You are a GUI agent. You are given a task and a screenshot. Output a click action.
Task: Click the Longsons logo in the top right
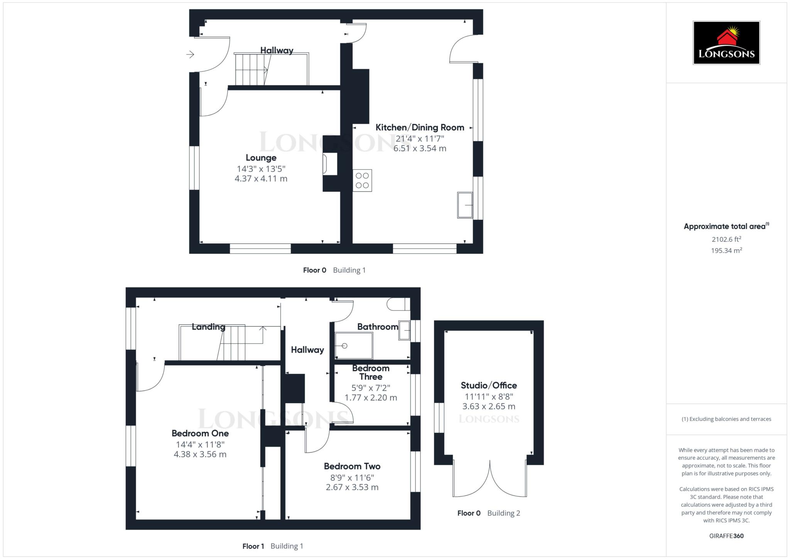click(726, 43)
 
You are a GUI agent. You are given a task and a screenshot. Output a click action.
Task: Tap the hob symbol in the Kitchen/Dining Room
click(362, 181)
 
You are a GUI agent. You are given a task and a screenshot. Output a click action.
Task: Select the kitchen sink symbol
click(465, 205)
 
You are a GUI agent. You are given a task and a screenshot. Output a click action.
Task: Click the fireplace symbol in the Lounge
click(325, 164)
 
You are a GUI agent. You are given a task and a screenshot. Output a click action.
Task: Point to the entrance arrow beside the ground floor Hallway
click(190, 54)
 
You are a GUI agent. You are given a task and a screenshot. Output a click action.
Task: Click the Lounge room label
click(261, 158)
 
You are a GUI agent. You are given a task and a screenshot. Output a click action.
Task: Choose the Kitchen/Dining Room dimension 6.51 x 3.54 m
click(420, 149)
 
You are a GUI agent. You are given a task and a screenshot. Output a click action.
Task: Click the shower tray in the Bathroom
click(354, 346)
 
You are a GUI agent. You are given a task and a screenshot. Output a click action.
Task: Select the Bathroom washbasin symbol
click(404, 330)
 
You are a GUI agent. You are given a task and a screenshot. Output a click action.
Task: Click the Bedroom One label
click(200, 433)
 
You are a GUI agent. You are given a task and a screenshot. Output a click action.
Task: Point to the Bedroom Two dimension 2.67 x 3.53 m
click(352, 487)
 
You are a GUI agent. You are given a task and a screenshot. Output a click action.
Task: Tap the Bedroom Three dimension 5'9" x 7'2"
click(371, 388)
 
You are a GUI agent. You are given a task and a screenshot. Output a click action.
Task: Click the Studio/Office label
click(489, 385)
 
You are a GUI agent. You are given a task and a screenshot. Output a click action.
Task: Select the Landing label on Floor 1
click(209, 327)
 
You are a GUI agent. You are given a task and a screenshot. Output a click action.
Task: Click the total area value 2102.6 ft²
click(726, 239)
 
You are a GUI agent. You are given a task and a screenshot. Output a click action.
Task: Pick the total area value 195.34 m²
click(726, 250)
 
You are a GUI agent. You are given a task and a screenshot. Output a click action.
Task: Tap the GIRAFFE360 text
click(726, 536)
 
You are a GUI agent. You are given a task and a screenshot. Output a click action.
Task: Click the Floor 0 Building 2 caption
click(489, 513)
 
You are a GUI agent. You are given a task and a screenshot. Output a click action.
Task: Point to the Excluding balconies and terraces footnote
click(726, 419)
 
